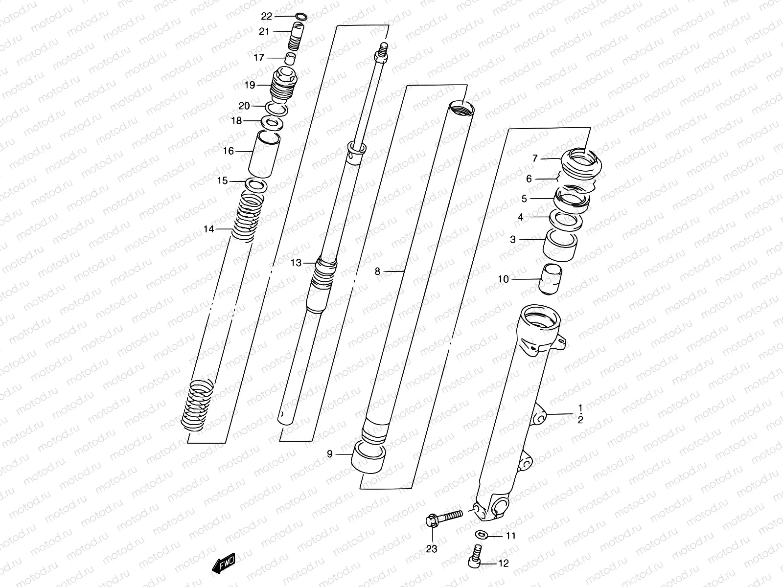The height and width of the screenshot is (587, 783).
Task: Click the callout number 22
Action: pyautogui.click(x=266, y=16)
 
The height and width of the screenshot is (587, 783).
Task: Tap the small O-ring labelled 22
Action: pyautogui.click(x=302, y=17)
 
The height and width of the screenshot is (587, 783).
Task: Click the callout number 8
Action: pyautogui.click(x=377, y=271)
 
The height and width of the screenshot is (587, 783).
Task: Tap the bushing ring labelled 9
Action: pyautogui.click(x=369, y=456)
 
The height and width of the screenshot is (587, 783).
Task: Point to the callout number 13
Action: pyautogui.click(x=296, y=263)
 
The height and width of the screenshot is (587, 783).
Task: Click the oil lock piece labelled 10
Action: pyautogui.click(x=551, y=279)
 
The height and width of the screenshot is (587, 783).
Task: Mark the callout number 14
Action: pyautogui.click(x=209, y=228)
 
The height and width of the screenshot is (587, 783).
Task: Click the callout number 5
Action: pyautogui.click(x=524, y=199)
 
